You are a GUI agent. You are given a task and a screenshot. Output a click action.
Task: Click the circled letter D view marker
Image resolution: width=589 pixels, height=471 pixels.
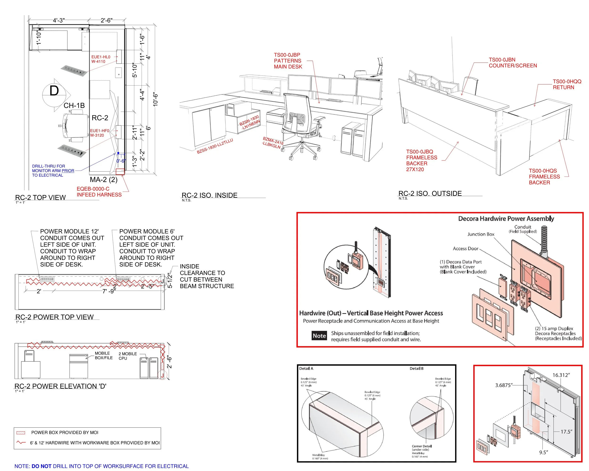(x=54, y=91)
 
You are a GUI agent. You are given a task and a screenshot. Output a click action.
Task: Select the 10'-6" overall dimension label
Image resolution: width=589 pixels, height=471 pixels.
(x=155, y=99)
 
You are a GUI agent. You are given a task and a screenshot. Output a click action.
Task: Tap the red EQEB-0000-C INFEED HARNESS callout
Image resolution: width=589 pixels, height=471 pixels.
(x=99, y=192)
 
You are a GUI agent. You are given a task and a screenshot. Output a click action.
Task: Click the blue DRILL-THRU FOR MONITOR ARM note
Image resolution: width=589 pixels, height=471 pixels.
(x=53, y=171)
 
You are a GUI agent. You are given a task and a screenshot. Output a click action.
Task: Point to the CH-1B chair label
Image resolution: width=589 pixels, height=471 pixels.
(x=74, y=106)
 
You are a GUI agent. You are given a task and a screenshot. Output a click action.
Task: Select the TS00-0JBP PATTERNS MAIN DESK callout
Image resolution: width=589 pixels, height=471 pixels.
(x=288, y=61)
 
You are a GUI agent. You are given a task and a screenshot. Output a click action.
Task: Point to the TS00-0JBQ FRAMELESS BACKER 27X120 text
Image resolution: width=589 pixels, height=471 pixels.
(x=421, y=160)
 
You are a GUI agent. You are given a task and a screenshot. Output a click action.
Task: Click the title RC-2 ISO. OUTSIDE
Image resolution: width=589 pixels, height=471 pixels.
(x=430, y=193)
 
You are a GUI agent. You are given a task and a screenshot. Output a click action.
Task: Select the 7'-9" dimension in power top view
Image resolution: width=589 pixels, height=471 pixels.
(x=109, y=291)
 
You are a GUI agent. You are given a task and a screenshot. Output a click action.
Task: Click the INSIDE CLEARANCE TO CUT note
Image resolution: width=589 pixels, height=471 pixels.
(x=207, y=276)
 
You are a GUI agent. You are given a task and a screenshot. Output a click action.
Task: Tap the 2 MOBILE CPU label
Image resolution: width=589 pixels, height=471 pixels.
(x=127, y=356)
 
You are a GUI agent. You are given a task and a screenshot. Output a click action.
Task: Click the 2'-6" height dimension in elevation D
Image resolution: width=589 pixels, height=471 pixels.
(x=169, y=362)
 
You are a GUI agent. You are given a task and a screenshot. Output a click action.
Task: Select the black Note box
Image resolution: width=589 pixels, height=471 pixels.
(x=319, y=336)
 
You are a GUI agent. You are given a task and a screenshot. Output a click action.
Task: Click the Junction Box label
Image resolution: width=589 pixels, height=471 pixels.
(x=481, y=234)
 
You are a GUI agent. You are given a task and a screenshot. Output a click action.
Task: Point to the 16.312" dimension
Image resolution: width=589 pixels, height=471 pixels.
(x=561, y=375)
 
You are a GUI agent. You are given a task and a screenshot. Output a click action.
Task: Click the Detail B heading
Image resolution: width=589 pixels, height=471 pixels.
(x=416, y=368)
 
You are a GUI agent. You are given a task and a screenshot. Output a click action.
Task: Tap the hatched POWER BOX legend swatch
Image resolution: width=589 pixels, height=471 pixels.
(x=21, y=433)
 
